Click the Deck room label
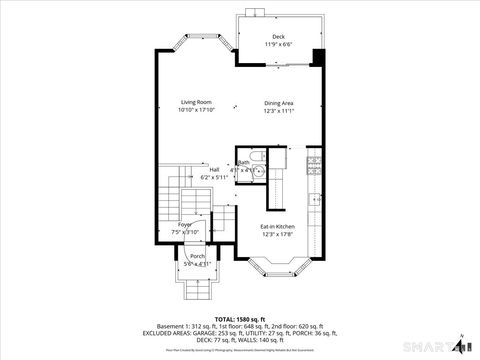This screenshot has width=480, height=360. [x=278, y=36]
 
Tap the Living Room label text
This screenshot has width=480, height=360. [x=196, y=103]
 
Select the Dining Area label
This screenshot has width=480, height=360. [x=278, y=103]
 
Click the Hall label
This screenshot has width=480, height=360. [x=214, y=169]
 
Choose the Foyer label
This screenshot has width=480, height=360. [x=185, y=224]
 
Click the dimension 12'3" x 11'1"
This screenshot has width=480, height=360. [x=278, y=111]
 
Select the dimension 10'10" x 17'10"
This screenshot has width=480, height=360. [x=196, y=111]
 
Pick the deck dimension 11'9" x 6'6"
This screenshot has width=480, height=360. [x=278, y=44]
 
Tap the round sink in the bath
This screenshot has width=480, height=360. [x=257, y=171]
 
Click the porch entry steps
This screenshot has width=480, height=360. [x=196, y=289]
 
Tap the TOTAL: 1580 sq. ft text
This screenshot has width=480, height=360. [x=239, y=318]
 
